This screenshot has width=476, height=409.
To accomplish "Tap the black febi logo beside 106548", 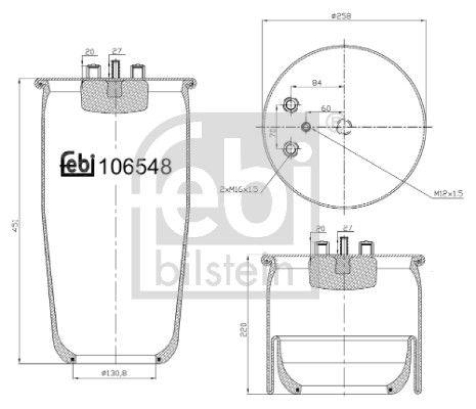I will pos(77,165).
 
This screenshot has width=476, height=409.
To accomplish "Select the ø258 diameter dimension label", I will pos(343,16).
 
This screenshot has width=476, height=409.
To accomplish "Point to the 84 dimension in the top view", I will pos(317,83).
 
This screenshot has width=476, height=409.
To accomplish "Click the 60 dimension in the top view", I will pos(326,108).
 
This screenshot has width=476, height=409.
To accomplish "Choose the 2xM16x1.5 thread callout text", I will pos(239,188).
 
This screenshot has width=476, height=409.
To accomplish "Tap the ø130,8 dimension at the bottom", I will pos(114,372).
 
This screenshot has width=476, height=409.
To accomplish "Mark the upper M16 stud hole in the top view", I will pos(291,105).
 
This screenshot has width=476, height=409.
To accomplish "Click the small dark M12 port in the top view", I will pos(306,127).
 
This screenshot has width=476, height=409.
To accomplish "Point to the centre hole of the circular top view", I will pos(344,126).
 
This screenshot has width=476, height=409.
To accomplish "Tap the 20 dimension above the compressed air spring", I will pos(321,228).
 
